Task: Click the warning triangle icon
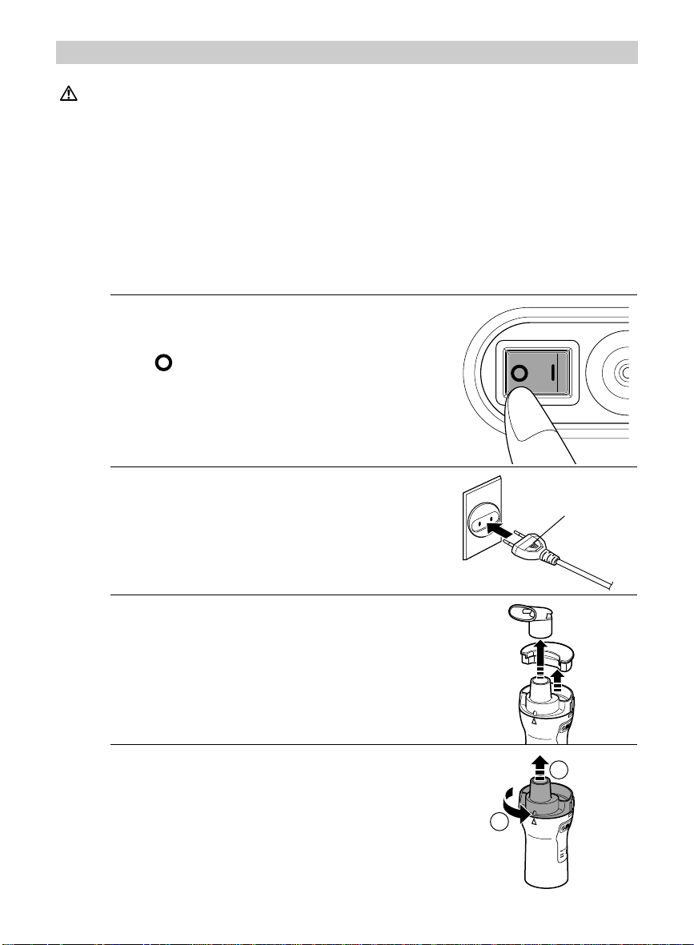[69, 94]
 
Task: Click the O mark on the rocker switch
[519, 373]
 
